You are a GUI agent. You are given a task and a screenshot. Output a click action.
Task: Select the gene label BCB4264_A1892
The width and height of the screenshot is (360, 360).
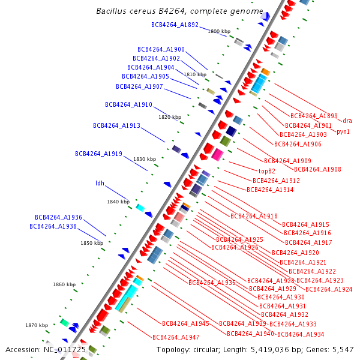(x=175, y=25)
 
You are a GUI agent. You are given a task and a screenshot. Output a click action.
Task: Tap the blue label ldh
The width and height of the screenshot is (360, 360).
(x=100, y=184)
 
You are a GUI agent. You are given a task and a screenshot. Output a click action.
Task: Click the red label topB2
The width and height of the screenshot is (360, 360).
(x=262, y=171)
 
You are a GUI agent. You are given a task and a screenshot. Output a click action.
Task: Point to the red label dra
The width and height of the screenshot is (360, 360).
(x=347, y=121)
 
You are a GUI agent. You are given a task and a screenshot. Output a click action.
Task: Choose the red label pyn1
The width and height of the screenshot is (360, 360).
(x=343, y=131)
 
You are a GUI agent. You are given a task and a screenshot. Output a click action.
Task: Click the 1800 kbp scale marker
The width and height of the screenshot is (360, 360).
(x=218, y=31)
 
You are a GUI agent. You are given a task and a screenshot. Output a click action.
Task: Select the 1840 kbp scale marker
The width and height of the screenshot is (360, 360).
(x=118, y=202)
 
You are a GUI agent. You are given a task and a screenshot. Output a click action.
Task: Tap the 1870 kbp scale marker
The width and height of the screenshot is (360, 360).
(x=36, y=325)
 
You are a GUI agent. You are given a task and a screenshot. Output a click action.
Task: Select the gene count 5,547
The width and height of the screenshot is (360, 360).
(x=341, y=349)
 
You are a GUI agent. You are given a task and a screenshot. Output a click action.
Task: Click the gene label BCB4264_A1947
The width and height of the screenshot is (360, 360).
(x=176, y=337)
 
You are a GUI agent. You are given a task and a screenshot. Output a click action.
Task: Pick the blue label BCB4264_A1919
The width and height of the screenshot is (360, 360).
(x=98, y=154)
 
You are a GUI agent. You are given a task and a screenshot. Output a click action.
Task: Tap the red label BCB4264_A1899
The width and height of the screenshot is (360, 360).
(x=314, y=116)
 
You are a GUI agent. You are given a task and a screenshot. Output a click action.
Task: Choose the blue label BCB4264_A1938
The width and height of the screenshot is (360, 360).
(x=53, y=226)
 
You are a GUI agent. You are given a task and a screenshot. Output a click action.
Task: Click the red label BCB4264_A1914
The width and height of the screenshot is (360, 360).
(x=270, y=190)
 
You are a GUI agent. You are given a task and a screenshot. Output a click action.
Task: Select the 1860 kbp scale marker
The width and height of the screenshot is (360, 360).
(x=64, y=284)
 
